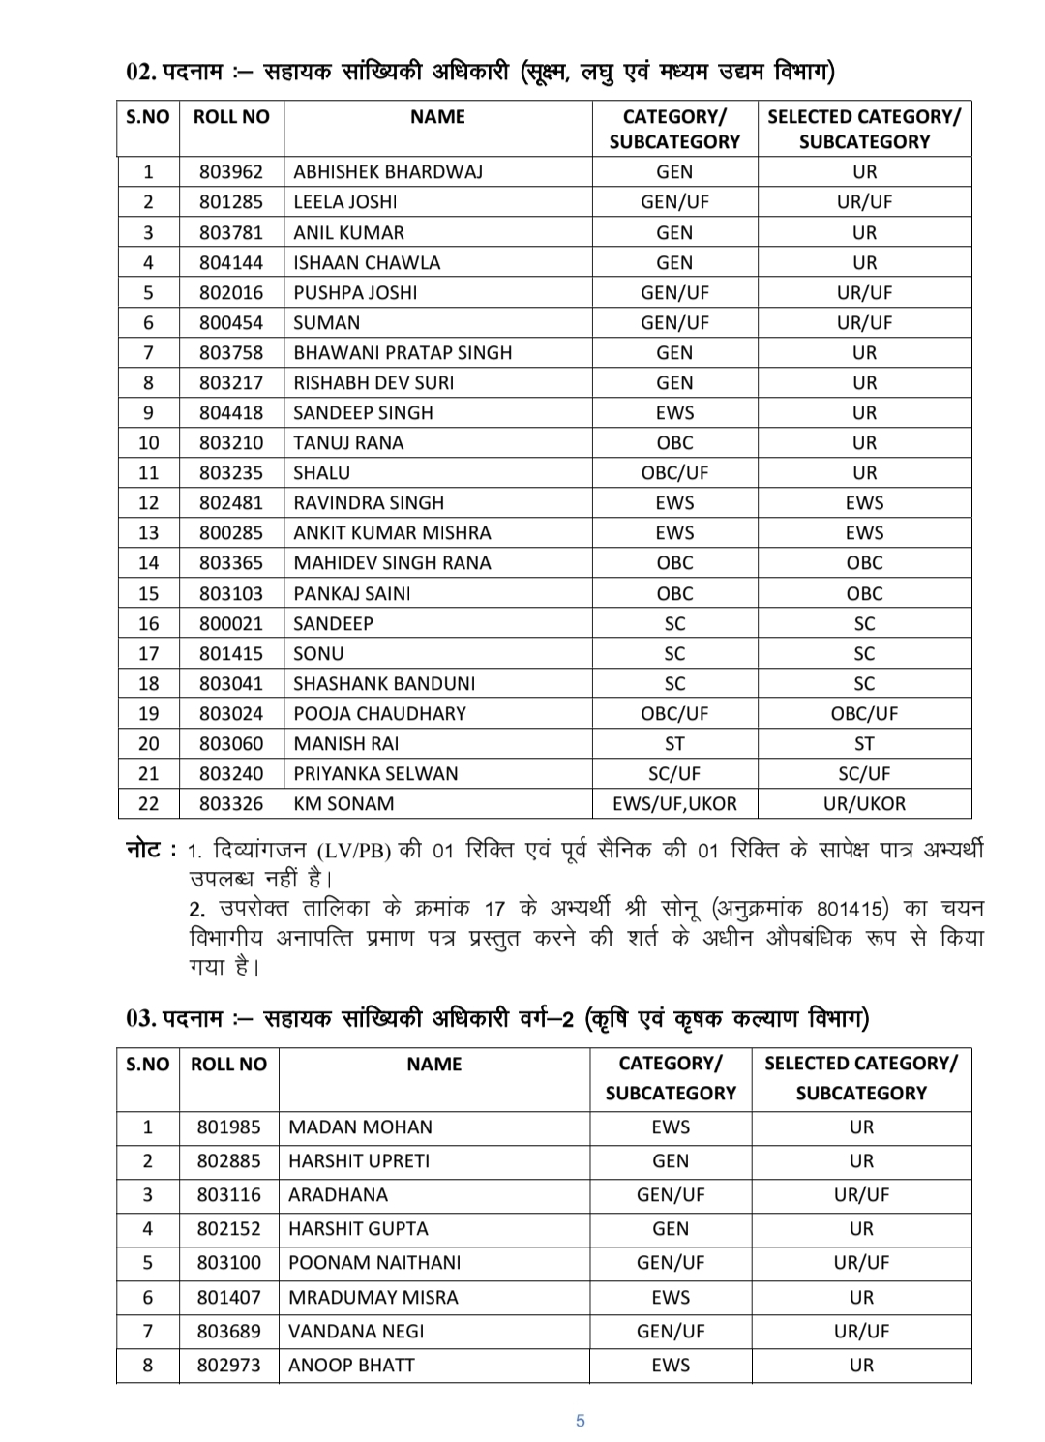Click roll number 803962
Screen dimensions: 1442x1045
click(230, 171)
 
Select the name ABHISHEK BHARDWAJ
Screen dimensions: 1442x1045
click(388, 171)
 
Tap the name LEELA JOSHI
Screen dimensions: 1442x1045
click(345, 201)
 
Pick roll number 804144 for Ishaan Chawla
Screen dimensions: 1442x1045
click(230, 262)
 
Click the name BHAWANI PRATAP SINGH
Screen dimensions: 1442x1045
click(403, 352)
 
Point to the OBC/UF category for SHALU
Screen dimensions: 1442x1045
click(674, 472)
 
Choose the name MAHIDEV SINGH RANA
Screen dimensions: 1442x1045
click(392, 562)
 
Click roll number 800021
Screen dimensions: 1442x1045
click(230, 623)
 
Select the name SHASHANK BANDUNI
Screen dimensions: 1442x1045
click(384, 683)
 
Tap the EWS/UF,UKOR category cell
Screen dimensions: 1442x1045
click(674, 803)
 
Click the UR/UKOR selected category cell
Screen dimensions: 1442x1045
click(864, 803)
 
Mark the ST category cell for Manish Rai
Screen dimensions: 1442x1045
click(674, 743)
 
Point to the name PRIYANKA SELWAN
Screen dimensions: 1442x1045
click(375, 773)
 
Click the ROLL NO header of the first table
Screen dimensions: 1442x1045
click(231, 117)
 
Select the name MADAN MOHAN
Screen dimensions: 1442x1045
click(360, 1127)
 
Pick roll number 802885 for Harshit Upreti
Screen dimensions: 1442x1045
click(228, 1160)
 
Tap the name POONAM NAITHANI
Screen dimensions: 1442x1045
click(374, 1262)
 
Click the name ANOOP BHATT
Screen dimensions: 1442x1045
click(351, 1365)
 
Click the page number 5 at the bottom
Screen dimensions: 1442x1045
click(581, 1421)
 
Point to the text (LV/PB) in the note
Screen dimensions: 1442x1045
click(353, 851)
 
